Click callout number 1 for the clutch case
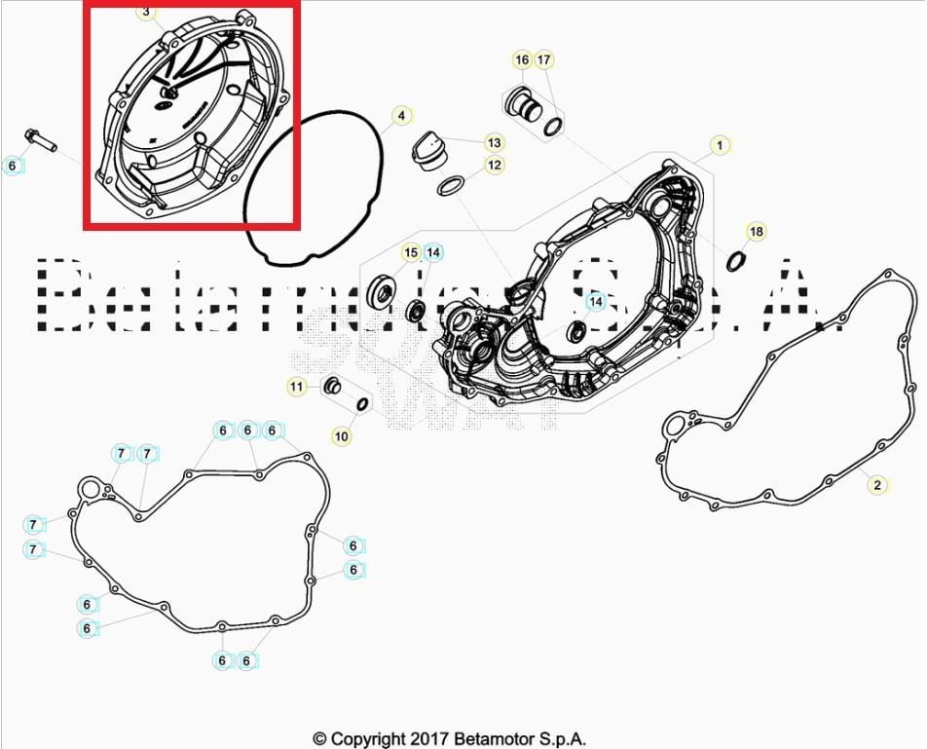[720, 146]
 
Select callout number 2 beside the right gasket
[876, 484]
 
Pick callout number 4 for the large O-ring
[400, 116]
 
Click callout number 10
[341, 436]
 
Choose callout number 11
[296, 387]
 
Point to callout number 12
[495, 165]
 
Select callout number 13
[495, 142]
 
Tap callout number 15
[411, 253]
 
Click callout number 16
[522, 60]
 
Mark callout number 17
[544, 60]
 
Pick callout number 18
[757, 231]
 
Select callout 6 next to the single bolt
[13, 166]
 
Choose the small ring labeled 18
[736, 261]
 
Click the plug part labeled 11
[332, 386]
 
